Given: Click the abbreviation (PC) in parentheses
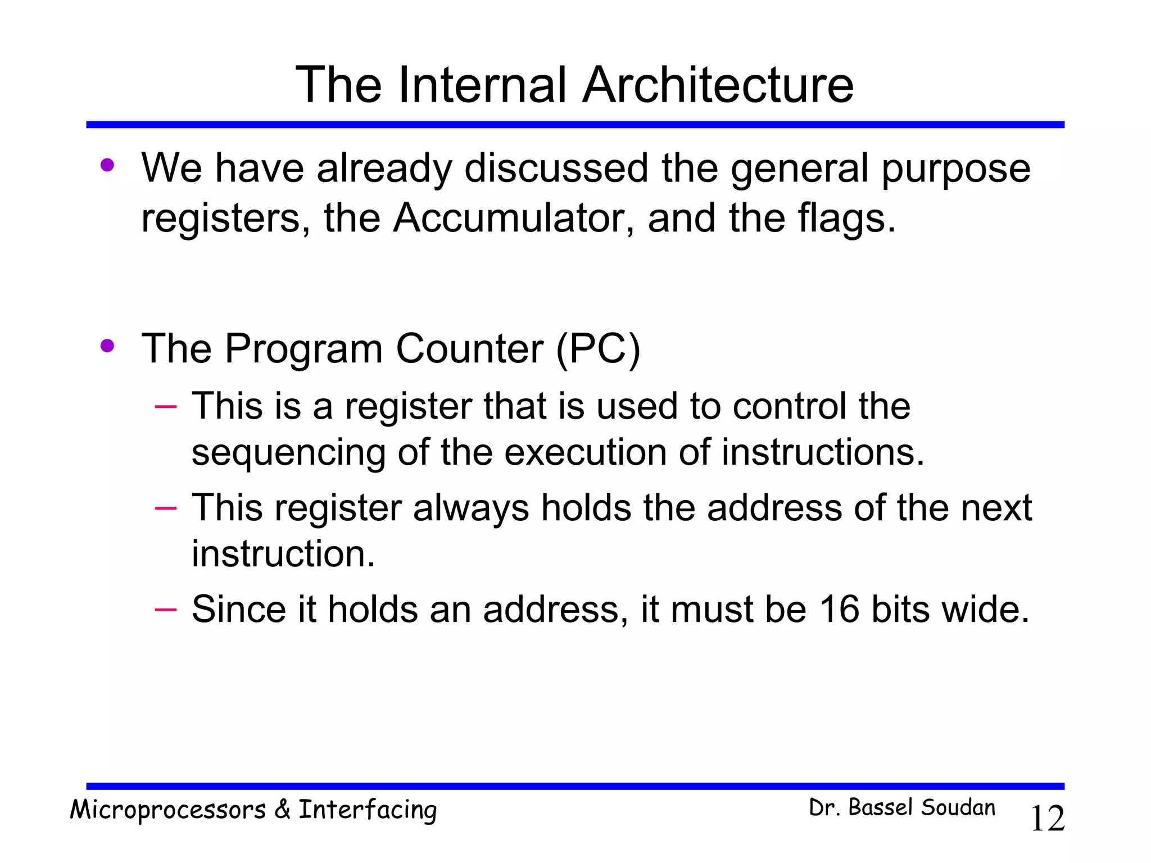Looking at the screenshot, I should (598, 349).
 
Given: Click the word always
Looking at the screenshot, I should (470, 508).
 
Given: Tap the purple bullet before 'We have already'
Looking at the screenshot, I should (107, 165).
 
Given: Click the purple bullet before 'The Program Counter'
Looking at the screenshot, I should (107, 346).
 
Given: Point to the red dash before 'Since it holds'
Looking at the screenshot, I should (166, 609).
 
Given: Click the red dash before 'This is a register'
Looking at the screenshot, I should (166, 406).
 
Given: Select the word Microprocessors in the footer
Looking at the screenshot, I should (167, 810).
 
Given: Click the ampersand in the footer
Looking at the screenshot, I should (282, 810).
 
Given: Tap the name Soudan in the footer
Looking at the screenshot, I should (958, 808).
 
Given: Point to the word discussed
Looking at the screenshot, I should (556, 168).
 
